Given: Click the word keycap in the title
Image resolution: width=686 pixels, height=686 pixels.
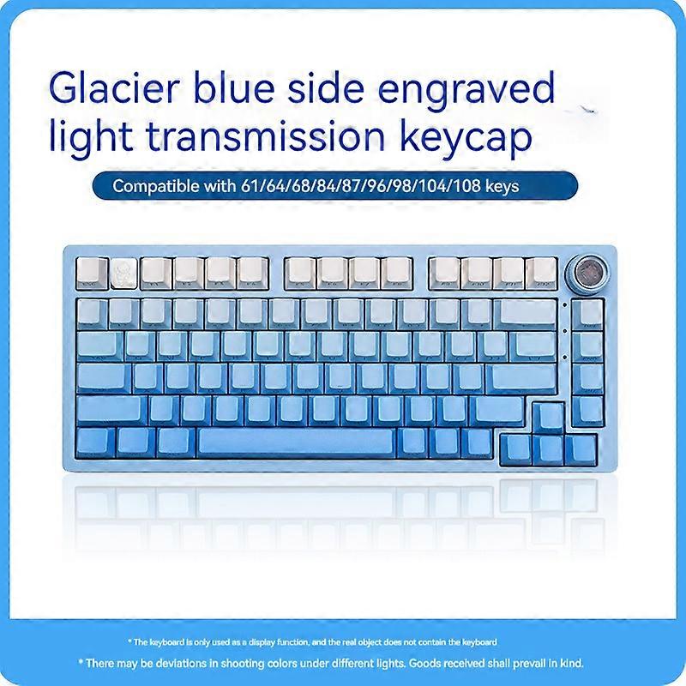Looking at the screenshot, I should [x=484, y=139].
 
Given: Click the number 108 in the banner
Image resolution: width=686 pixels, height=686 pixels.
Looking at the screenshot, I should [x=475, y=186].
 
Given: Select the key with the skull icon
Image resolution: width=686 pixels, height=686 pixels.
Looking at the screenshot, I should [x=123, y=270].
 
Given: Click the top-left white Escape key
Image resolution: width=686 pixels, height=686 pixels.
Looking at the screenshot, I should [x=91, y=270].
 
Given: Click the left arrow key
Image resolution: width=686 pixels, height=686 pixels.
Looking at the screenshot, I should [x=514, y=448].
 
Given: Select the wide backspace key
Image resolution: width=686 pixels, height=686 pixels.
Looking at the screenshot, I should [x=527, y=313].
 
